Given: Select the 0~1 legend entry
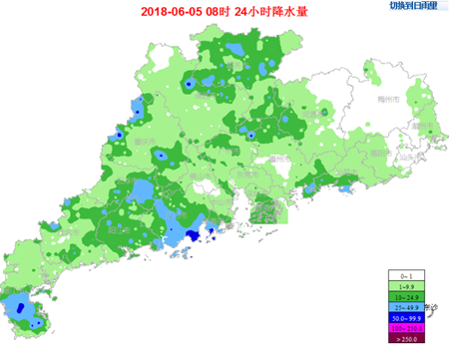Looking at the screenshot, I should [406, 274].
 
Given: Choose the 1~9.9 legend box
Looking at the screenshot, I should [406, 285].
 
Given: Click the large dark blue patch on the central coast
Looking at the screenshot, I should [195, 232].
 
